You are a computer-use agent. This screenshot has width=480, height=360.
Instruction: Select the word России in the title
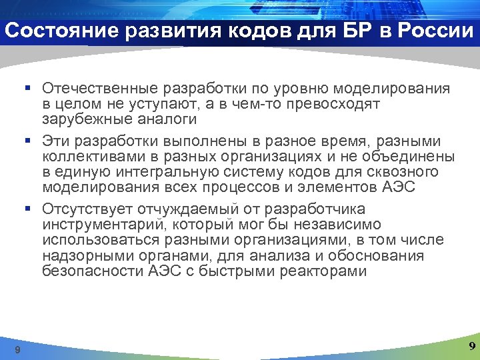coord(435,31)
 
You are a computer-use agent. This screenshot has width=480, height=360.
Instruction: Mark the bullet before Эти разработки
coord(31,141)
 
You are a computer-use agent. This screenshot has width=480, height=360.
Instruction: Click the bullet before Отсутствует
coord(31,209)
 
